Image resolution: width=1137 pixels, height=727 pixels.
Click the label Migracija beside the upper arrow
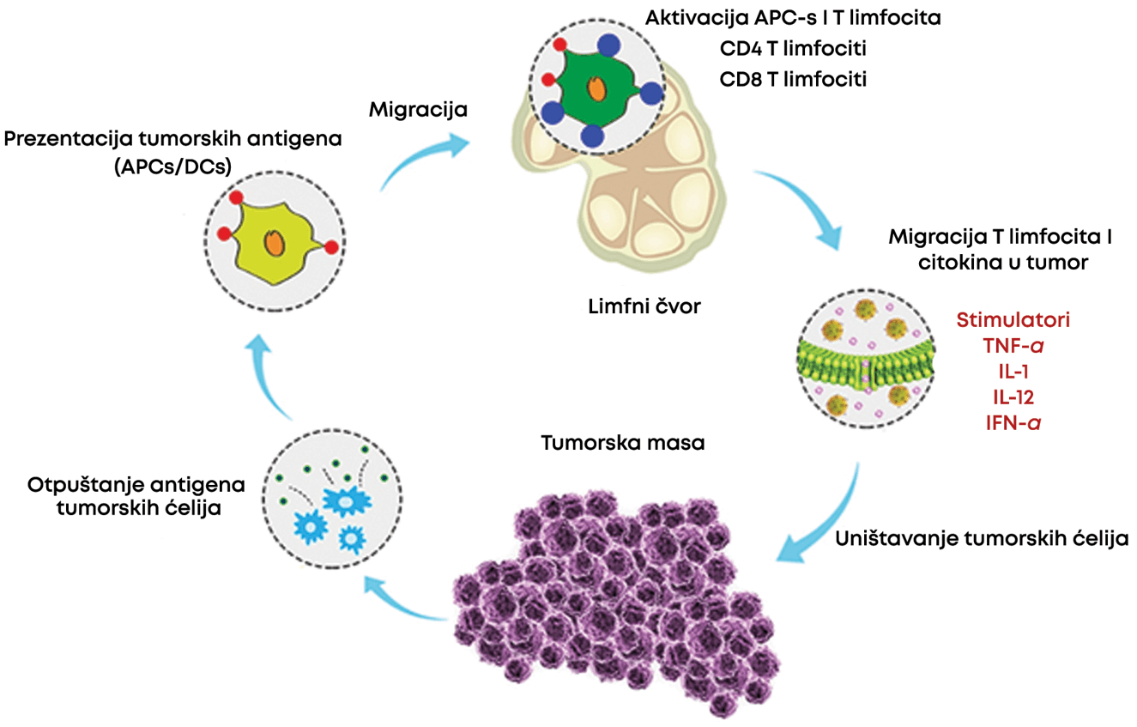[x=418, y=110]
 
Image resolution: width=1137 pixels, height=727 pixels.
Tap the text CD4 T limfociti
[x=793, y=49]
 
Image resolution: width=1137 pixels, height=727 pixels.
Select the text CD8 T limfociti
[x=793, y=80]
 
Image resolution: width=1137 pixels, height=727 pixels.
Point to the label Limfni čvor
[x=644, y=306]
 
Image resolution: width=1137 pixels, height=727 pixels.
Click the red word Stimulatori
[x=1013, y=320]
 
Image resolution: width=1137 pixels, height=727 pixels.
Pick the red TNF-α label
[x=1013, y=346]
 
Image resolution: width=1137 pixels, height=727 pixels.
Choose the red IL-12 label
[x=1013, y=397]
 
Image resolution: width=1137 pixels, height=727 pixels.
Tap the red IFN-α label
[x=1013, y=423]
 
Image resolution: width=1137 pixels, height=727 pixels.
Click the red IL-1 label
[x=1013, y=372]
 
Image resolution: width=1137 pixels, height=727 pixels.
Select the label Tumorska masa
[x=623, y=443]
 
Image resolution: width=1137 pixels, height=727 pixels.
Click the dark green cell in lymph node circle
[x=599, y=89]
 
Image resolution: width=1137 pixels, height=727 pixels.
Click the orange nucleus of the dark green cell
[x=596, y=89]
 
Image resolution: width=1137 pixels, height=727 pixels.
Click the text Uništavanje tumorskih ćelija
[x=982, y=539]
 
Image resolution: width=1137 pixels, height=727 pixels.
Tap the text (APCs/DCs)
[x=173, y=167]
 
